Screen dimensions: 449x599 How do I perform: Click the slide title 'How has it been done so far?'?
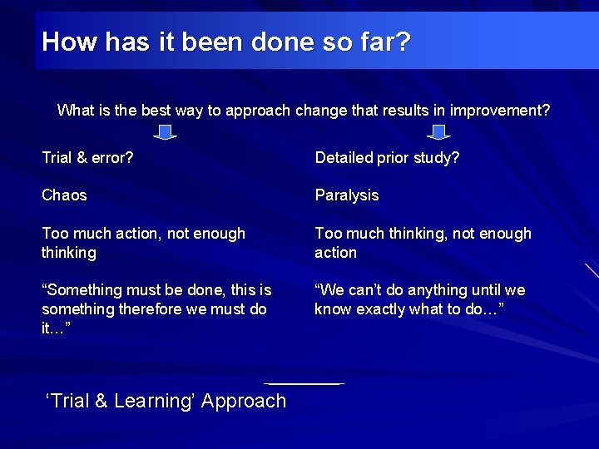point(225,42)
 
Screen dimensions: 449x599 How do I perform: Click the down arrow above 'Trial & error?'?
point(166,132)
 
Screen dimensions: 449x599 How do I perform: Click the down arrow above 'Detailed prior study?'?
point(438,132)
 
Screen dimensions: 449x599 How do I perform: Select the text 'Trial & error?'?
point(87,158)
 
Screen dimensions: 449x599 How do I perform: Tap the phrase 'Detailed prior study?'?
point(387,158)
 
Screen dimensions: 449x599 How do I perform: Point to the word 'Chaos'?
point(64,195)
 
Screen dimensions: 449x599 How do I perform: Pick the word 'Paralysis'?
point(346,195)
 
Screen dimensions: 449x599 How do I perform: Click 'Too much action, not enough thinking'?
point(143,243)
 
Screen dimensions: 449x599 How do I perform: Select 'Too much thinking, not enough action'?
point(422,243)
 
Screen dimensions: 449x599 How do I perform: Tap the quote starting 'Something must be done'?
point(156,308)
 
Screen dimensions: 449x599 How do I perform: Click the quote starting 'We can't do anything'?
point(419,299)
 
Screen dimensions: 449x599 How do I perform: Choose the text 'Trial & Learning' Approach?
point(166,401)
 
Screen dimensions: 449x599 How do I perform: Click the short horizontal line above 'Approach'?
point(304,383)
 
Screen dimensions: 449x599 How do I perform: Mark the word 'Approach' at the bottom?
point(244,401)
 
